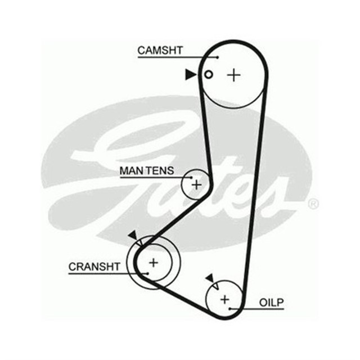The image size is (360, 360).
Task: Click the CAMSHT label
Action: (160, 50)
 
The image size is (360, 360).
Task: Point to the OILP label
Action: (272, 303)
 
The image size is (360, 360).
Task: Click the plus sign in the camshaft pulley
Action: (233, 74)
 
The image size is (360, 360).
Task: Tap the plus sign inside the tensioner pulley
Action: (196, 184)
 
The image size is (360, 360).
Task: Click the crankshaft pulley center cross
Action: (154, 262)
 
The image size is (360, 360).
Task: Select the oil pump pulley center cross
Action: (225, 299)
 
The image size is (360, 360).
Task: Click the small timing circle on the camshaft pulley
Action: (209, 74)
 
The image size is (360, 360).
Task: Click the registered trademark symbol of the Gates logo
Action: (313, 204)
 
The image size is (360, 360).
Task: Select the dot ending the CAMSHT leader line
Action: (217, 56)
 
